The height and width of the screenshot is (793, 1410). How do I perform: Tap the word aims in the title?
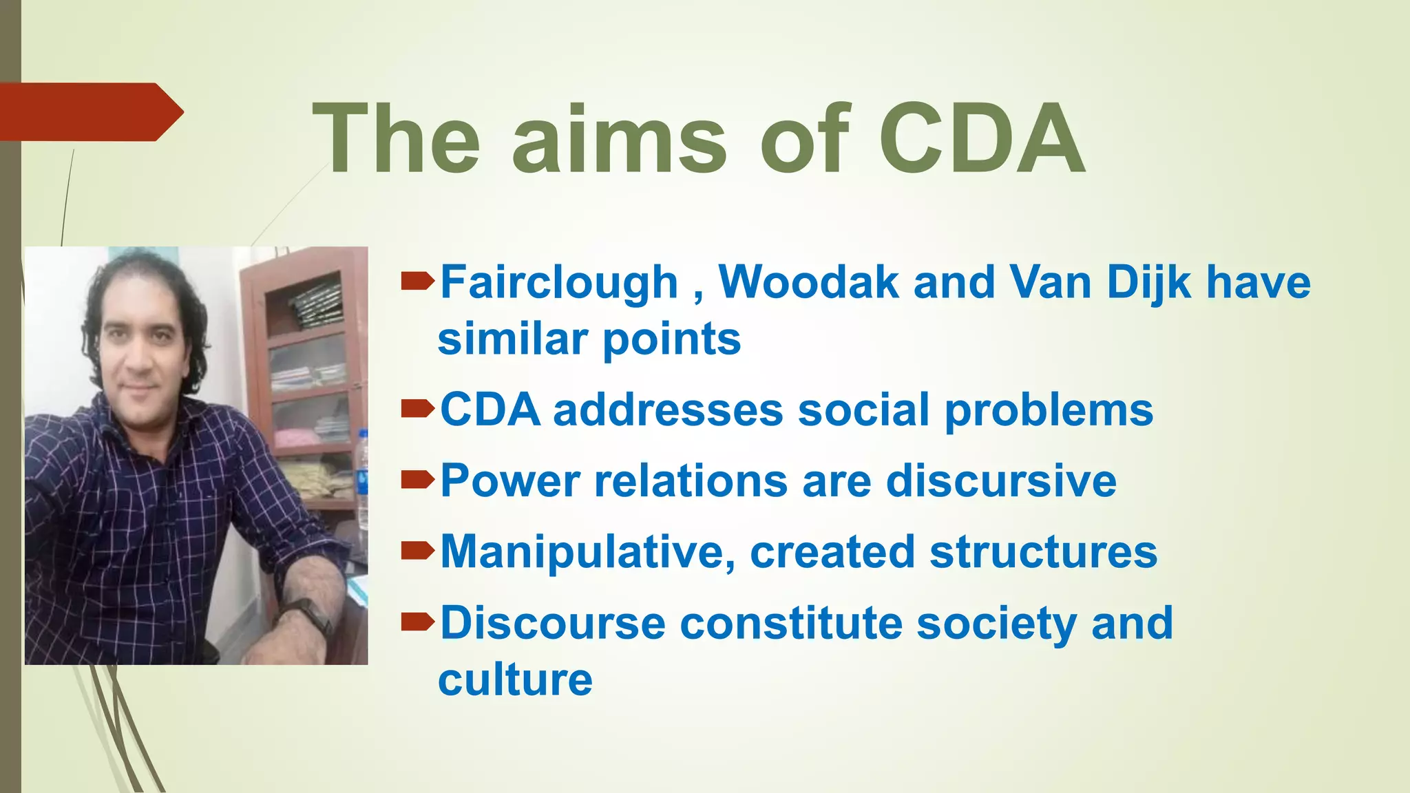[x=619, y=140]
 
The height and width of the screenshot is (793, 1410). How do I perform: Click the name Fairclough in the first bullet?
[x=559, y=283]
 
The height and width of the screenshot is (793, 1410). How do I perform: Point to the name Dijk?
[x=1148, y=283]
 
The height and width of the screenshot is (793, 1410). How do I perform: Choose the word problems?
[x=1048, y=412]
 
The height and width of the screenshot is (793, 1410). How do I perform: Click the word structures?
[x=1043, y=552]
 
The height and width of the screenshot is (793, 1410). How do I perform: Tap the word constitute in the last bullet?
[x=791, y=623]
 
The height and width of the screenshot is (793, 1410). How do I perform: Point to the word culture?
[x=515, y=680]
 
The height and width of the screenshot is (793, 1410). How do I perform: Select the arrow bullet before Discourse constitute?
[x=417, y=622]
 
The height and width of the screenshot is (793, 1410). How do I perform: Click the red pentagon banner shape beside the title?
[x=90, y=112]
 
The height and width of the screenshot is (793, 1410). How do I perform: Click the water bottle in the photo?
[x=362, y=468]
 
